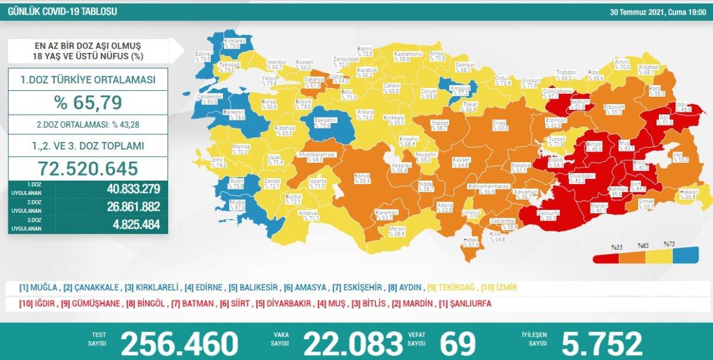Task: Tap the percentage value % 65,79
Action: tap(88, 102)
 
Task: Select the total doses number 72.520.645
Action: tap(88, 168)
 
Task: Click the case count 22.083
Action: tap(353, 343)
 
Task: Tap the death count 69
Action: tap(458, 343)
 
